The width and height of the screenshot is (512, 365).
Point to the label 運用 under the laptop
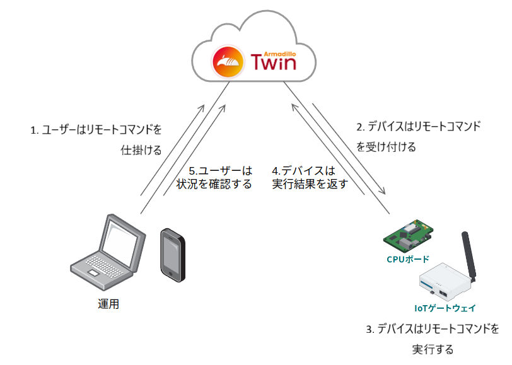point(108,304)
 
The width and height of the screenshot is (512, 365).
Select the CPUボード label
point(408,259)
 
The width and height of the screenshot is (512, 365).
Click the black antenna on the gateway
point(469,255)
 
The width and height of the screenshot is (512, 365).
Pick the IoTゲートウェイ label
point(445,308)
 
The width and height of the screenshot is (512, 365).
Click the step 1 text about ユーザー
point(96,130)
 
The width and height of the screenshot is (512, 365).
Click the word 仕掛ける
point(141,150)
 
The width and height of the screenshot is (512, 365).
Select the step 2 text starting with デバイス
point(419,127)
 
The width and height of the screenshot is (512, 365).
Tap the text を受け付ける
point(386,147)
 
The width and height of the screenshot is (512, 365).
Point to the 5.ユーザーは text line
point(221,171)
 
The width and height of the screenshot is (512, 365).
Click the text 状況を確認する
point(214,184)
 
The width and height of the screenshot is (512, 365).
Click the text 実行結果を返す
point(310,185)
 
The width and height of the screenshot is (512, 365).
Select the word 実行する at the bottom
point(433,349)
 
